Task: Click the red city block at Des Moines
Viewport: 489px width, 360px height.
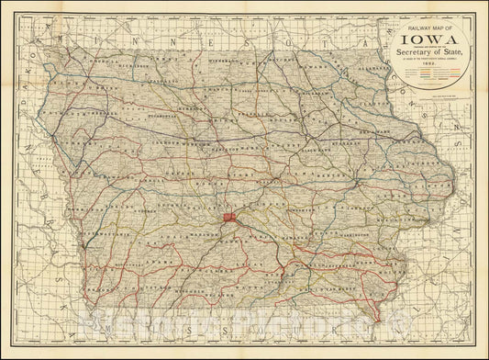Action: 228,218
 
